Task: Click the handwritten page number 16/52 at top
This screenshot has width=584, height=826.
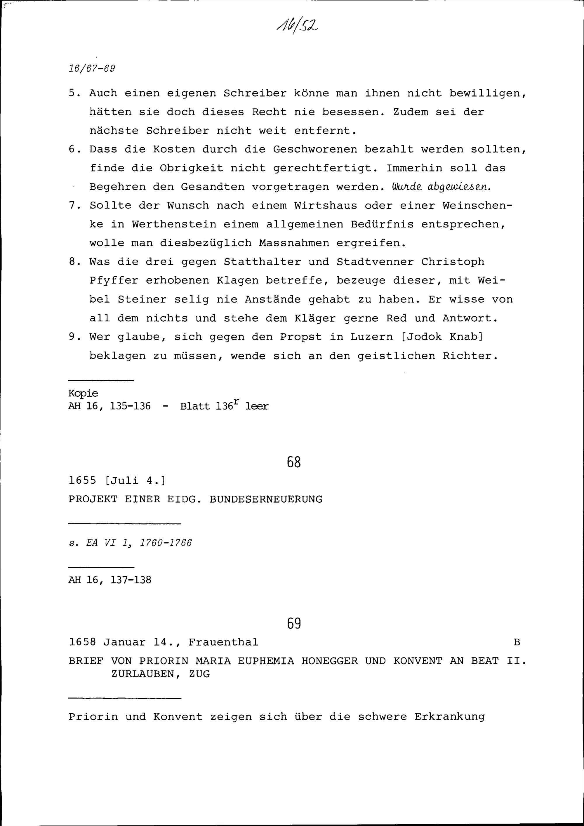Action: click(x=297, y=25)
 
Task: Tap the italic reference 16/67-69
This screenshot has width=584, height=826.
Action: click(x=92, y=68)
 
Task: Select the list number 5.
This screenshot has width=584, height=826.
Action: click(x=73, y=93)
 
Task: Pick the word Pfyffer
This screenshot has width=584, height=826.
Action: click(x=114, y=281)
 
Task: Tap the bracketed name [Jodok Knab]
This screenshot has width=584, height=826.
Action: click(x=442, y=337)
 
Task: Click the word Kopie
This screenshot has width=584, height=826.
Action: click(x=83, y=393)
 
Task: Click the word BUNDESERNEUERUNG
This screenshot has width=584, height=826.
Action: click(x=266, y=499)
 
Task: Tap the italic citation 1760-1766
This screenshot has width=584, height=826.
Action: click(x=166, y=543)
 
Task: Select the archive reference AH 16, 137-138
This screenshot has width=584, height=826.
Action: click(x=110, y=580)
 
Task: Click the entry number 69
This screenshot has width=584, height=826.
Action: click(x=294, y=624)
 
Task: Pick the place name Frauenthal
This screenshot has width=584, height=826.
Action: click(x=223, y=642)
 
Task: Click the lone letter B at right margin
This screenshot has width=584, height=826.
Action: click(x=517, y=642)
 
